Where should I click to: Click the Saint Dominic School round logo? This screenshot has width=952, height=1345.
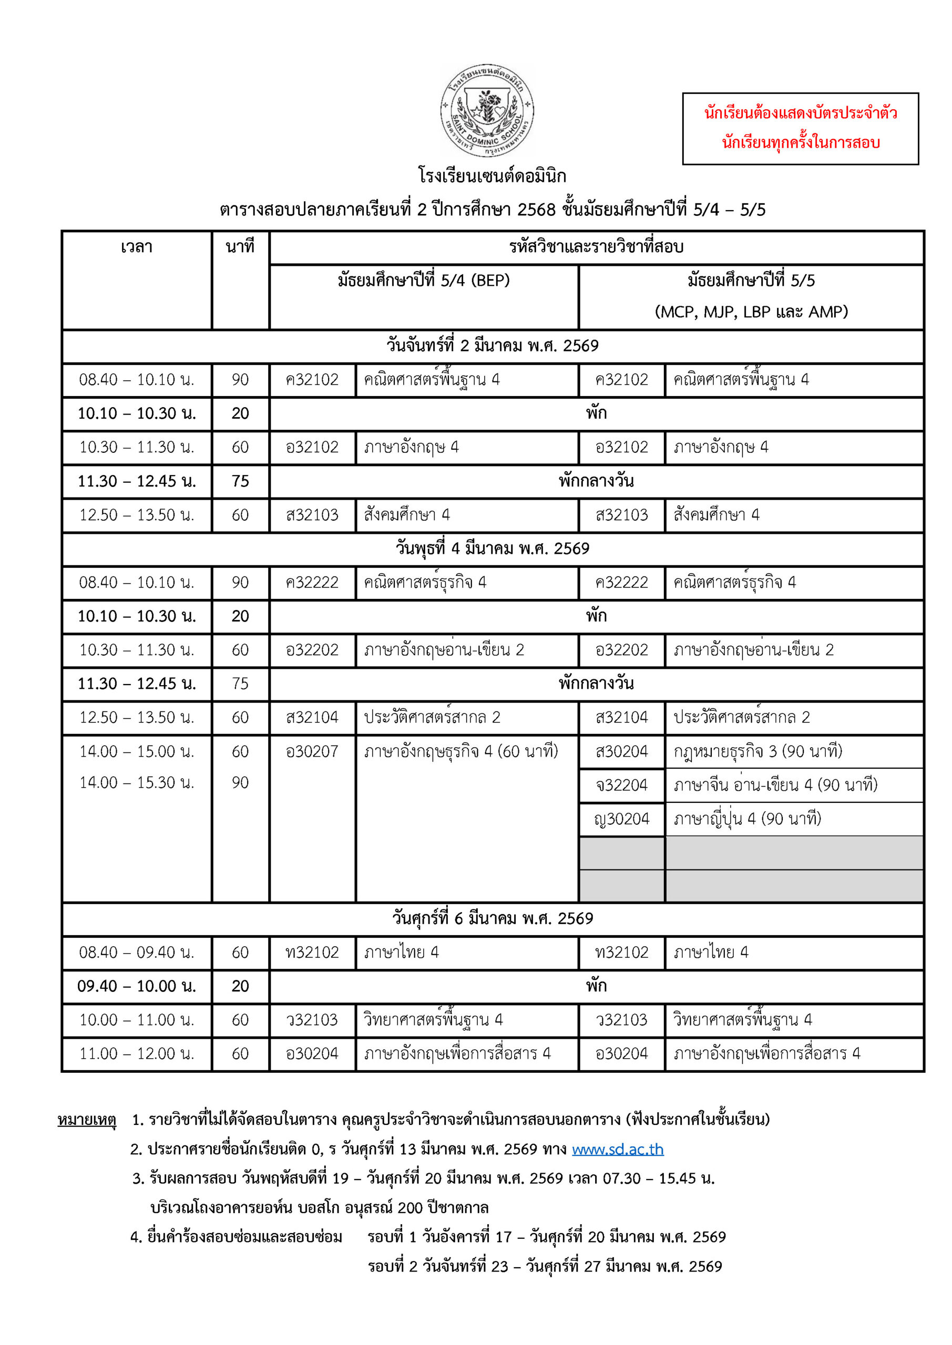pyautogui.click(x=487, y=111)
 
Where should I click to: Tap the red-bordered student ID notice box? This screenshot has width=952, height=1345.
pyautogui.click(x=800, y=128)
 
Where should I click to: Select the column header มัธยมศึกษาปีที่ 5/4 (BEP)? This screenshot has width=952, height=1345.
pyautogui.click(x=423, y=281)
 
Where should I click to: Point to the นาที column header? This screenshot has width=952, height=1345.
pyautogui.click(x=240, y=247)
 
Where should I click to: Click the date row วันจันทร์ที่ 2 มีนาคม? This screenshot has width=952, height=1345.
pyautogui.click(x=493, y=346)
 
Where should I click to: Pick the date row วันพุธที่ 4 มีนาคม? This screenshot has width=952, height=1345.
pyautogui.click(x=493, y=549)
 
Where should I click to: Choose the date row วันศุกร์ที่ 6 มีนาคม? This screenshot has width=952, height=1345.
pyautogui.click(x=493, y=918)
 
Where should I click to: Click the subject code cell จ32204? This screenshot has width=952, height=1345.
pyautogui.click(x=621, y=785)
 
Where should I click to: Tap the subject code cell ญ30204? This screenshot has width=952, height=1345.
pyautogui.click(x=621, y=819)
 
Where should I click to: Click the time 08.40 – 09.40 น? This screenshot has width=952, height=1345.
pyautogui.click(x=137, y=952)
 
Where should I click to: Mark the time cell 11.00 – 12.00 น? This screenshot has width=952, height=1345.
pyautogui.click(x=137, y=1053)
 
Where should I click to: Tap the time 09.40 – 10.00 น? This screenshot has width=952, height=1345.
pyautogui.click(x=137, y=986)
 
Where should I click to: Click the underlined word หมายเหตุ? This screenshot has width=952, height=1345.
pyautogui.click(x=87, y=1120)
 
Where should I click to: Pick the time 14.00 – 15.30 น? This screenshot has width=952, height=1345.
pyautogui.click(x=137, y=783)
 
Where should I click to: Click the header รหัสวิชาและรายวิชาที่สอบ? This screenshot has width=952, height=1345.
pyautogui.click(x=596, y=247)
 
